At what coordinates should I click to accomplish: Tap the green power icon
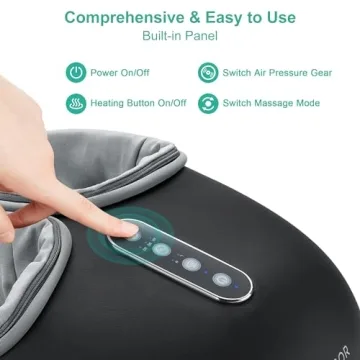(76, 71)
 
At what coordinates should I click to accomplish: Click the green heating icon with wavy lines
(76, 103)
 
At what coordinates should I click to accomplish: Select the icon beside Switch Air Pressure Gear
(207, 71)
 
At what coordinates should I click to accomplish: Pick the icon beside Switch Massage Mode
(207, 103)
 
